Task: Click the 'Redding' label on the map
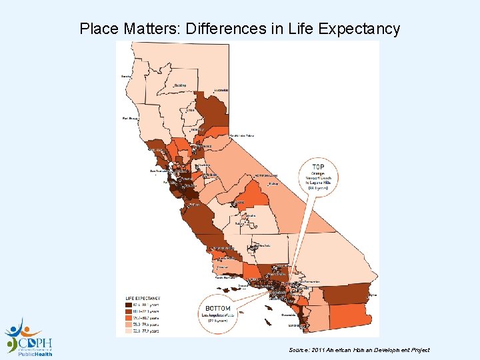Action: [x=180, y=85]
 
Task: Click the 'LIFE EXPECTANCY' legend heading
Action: [x=143, y=297]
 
